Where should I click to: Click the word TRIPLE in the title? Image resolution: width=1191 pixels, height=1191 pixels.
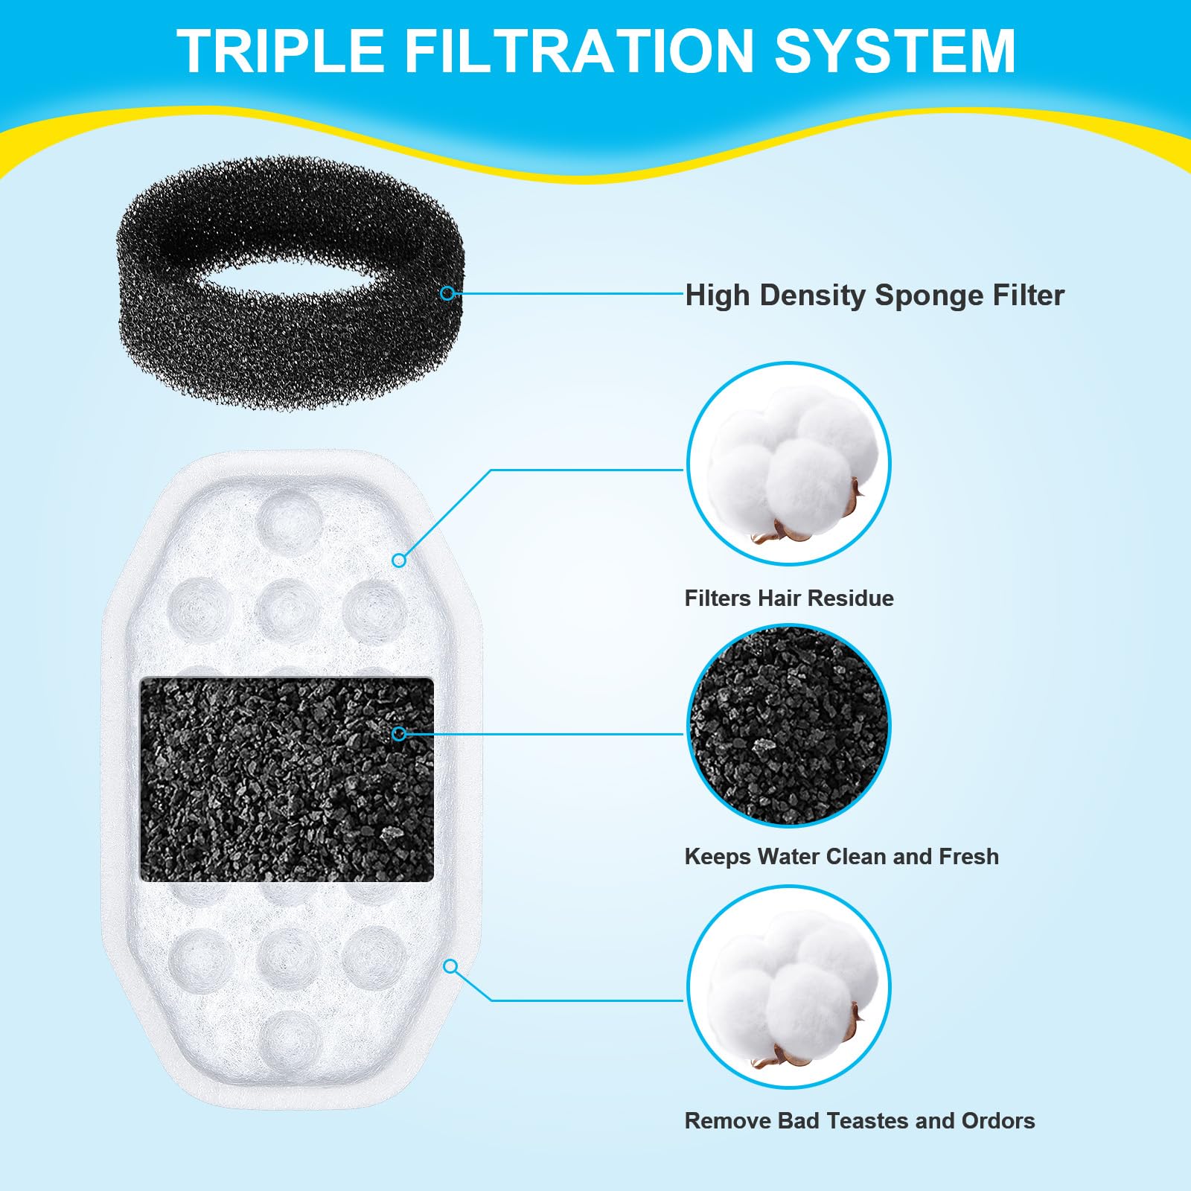point(280,51)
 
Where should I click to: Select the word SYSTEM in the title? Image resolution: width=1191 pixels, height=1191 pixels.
point(895,51)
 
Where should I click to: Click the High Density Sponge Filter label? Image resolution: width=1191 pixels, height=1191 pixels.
point(875,296)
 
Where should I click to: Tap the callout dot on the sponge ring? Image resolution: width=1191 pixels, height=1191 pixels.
point(447,293)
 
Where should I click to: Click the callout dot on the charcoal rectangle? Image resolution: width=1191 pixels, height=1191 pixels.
point(399,734)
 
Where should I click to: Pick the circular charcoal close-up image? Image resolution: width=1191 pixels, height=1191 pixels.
point(788,725)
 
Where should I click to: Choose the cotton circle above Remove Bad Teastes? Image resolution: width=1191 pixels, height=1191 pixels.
point(788,987)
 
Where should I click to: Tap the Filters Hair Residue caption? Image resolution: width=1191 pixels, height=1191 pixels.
point(789,598)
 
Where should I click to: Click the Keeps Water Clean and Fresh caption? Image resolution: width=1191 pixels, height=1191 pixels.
point(841,856)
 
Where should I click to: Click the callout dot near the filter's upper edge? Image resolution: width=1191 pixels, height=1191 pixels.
point(399,560)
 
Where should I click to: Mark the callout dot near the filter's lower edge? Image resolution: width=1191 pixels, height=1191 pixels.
point(450,966)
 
